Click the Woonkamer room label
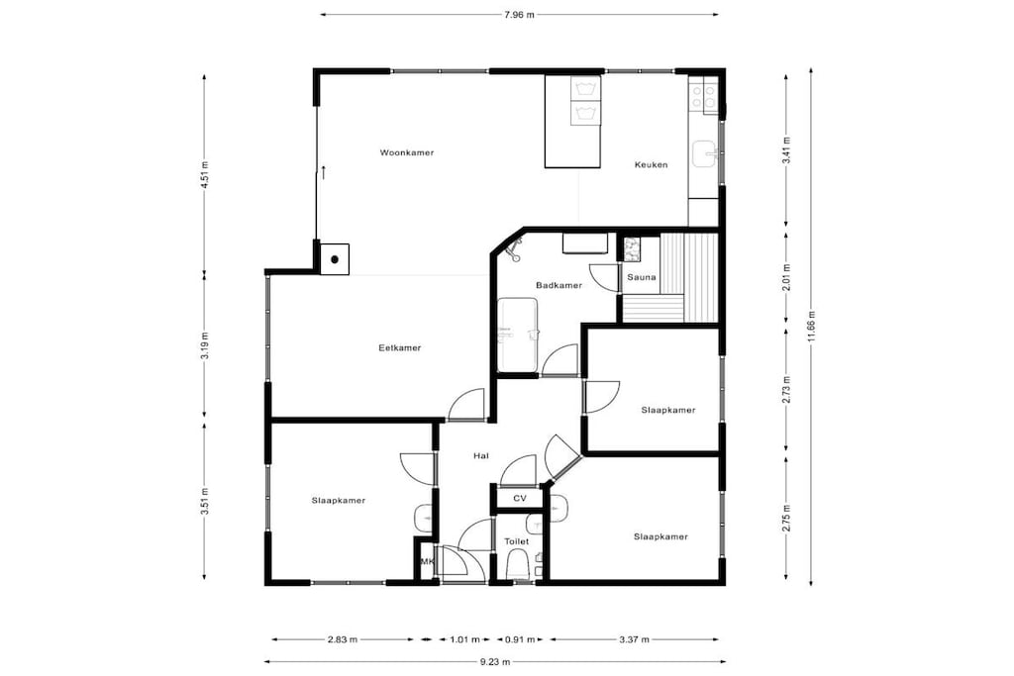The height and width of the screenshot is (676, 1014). point(407,153)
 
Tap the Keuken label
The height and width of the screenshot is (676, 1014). point(652,165)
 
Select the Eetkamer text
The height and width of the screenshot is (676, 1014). point(400,347)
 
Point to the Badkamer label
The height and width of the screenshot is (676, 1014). point(558,285)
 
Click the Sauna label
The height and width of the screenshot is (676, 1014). point(642,277)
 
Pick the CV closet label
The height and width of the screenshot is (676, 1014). point(519,498)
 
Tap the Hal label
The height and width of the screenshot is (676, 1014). point(480,455)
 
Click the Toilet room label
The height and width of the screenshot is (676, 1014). point(517,541)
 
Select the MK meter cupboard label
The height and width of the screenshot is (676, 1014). point(427,562)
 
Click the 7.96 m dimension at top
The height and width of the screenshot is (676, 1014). point(519,14)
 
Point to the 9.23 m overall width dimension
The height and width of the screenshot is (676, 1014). point(495,661)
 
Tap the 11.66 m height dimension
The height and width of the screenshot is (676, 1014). point(812,328)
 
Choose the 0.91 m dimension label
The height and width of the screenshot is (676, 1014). point(520,639)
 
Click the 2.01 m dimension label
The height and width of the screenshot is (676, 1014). point(787,277)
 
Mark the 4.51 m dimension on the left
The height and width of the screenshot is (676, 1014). point(205,174)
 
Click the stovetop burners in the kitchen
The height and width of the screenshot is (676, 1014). point(704,97)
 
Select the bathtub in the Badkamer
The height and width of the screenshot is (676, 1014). point(517,335)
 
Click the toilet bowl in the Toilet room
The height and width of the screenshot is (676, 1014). point(517,565)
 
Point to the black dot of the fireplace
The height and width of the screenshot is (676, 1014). point(335,259)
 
